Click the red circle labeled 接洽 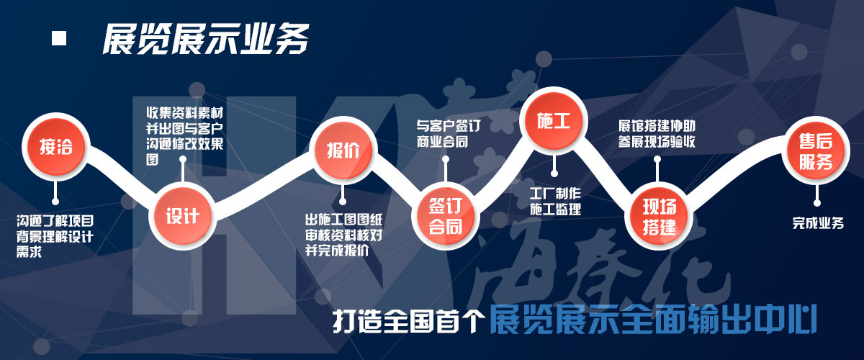point(56,147)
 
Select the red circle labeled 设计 point(182,216)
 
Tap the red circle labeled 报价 point(343,150)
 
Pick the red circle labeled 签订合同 point(446,216)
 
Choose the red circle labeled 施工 point(554,121)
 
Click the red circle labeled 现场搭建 point(659,216)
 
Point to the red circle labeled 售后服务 point(815,150)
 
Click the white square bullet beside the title point(59,38)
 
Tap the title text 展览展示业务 point(206,39)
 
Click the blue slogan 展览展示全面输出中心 point(652,320)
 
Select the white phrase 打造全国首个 point(408,320)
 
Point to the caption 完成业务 point(818,223)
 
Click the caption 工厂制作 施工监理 point(555,201)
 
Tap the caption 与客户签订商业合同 point(448,134)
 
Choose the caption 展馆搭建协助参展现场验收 point(657,133)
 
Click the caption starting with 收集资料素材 point(184,136)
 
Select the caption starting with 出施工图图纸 point(343,235)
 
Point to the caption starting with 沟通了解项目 point(55,236)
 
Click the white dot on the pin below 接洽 point(55,202)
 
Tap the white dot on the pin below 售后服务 point(817,203)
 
